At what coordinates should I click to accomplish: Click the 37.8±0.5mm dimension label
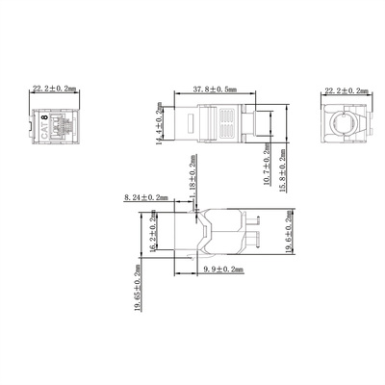tap(215, 90)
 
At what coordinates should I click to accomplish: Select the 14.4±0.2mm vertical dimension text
tap(159, 123)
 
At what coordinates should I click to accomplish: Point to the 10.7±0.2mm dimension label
tap(267, 165)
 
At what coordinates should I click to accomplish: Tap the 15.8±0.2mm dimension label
tap(282, 170)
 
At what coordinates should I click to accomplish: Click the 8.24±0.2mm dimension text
tap(146, 198)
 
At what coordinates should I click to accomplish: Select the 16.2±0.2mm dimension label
tap(153, 231)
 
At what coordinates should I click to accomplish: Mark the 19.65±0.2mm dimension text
tap(138, 288)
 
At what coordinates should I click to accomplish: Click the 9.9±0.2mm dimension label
tap(223, 269)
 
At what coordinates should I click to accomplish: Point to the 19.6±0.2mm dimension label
tap(290, 232)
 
